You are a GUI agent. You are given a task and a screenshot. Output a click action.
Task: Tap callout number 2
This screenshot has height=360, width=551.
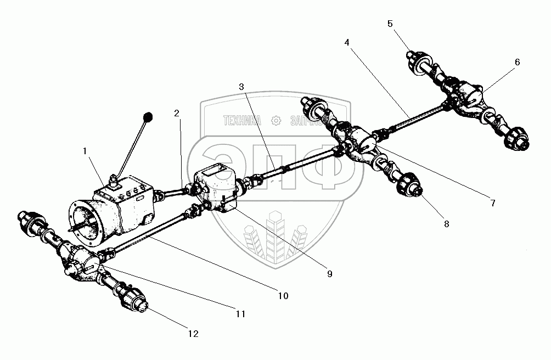177,114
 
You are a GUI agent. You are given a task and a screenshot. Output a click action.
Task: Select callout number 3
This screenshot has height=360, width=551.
241,87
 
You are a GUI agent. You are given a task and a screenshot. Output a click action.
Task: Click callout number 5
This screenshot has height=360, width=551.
390,24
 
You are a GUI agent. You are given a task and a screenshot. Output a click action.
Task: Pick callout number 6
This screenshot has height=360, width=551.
517,63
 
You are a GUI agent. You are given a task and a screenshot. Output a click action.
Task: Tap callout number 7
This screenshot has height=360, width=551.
492,203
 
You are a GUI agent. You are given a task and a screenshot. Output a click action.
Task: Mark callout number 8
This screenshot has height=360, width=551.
446,223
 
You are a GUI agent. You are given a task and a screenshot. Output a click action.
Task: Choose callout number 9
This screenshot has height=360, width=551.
329,274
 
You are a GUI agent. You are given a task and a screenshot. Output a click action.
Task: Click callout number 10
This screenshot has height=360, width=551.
282,296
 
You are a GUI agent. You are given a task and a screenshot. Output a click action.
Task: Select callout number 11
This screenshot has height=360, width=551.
240,314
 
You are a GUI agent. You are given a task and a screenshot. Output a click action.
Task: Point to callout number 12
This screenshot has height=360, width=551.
193,333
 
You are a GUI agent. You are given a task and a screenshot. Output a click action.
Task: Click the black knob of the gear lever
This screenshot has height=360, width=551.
147,117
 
